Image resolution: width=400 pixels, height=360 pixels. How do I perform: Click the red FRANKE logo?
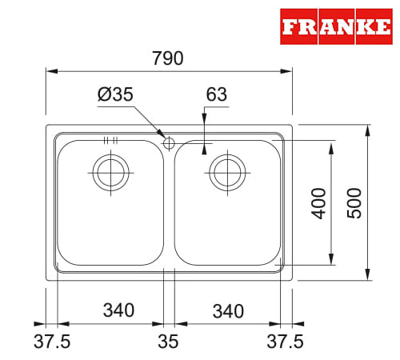336,26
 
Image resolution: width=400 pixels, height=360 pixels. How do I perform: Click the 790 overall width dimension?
168,58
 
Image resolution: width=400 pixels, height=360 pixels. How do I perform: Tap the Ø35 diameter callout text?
115,94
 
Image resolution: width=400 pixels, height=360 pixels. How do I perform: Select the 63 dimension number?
217,94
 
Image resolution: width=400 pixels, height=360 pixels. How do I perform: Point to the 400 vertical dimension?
318,203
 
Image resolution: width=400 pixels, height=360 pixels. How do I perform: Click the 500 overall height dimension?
354,203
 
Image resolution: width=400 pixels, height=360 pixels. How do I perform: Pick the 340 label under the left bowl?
118,310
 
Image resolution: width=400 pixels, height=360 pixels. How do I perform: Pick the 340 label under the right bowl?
228,311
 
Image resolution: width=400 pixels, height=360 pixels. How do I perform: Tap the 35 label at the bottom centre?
168,342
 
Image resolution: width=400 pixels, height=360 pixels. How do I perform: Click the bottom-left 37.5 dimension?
52,342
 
